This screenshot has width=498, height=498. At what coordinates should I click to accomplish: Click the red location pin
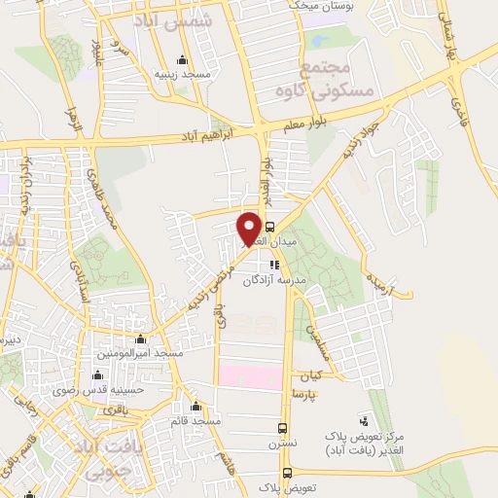coord(249,229)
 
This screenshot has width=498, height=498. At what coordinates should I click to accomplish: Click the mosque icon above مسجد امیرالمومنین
coord(141,339)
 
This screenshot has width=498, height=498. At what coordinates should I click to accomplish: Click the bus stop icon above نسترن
coord(283,427)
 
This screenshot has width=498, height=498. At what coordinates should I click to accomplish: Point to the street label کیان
coord(310,375)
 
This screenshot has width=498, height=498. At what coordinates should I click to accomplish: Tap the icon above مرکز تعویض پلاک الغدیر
coord(364,421)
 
